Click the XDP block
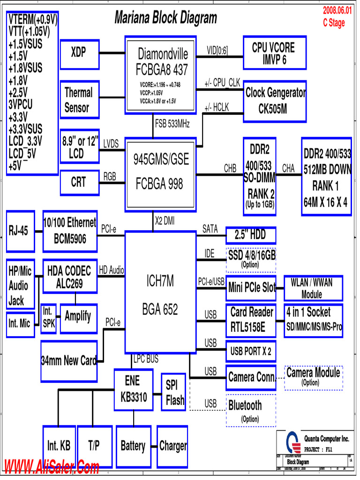tap(79, 52)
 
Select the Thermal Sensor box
tap(79, 100)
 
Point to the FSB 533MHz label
tap(172, 124)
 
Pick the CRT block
tap(79, 182)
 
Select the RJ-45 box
tap(20, 231)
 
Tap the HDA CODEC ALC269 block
tap(70, 277)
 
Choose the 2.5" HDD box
tap(251, 234)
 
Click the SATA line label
tap(210, 229)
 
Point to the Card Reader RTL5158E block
tap(251, 319)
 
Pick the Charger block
tap(172, 446)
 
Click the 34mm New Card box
tap(69, 360)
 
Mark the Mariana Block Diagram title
tap(165, 18)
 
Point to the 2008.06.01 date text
tap(337, 11)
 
